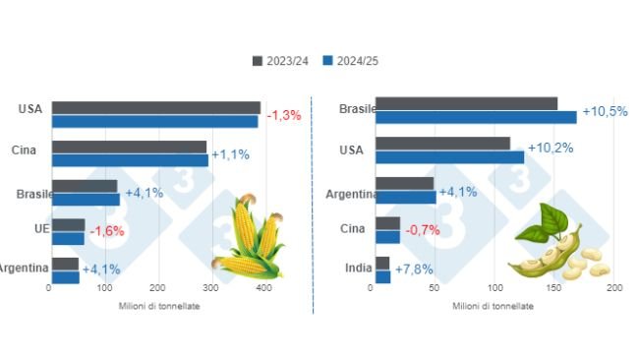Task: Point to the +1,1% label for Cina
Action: point(230,154)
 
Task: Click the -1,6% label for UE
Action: point(107,231)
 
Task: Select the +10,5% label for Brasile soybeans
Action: point(605,111)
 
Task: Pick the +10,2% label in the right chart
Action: point(552,150)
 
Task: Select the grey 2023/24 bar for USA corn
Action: point(155,107)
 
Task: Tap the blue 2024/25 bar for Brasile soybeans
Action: point(476,118)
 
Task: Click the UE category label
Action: point(29,228)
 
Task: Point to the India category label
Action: point(358,268)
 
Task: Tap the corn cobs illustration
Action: point(247,239)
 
